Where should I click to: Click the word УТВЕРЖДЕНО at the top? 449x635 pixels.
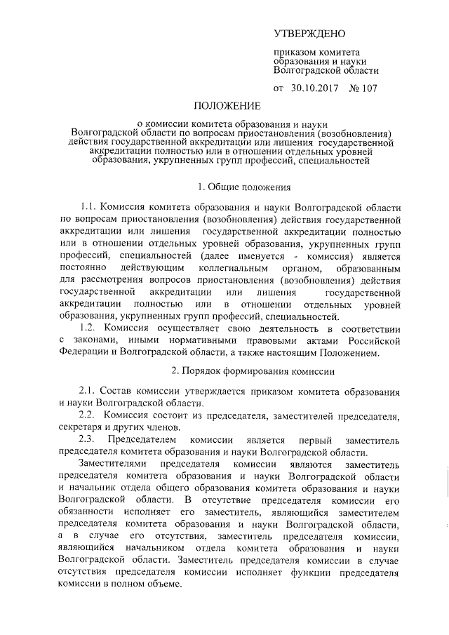pos(309,34)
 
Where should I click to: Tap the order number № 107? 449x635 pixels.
pos(363,89)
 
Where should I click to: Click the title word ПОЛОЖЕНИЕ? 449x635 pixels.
pos(224,107)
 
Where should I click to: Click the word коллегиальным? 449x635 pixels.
pos(236,268)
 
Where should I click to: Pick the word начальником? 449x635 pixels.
pos(154,549)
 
